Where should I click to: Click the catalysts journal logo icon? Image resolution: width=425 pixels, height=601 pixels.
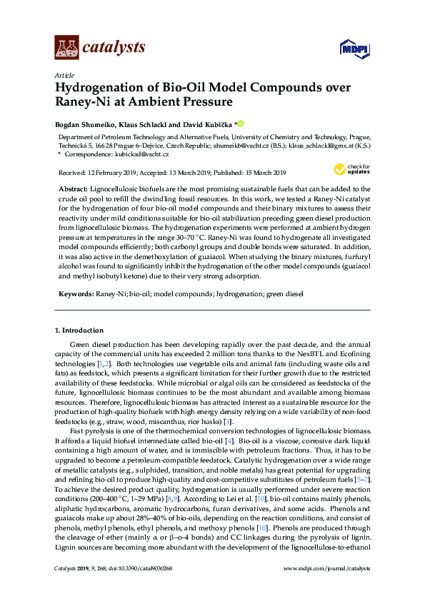point(67,47)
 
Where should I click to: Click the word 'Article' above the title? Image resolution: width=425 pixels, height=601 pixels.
point(64,75)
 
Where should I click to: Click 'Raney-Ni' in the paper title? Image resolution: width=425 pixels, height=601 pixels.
point(84,102)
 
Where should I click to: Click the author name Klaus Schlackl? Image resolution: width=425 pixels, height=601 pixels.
point(146,123)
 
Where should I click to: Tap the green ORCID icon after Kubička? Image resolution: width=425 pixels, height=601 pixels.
point(241,123)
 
